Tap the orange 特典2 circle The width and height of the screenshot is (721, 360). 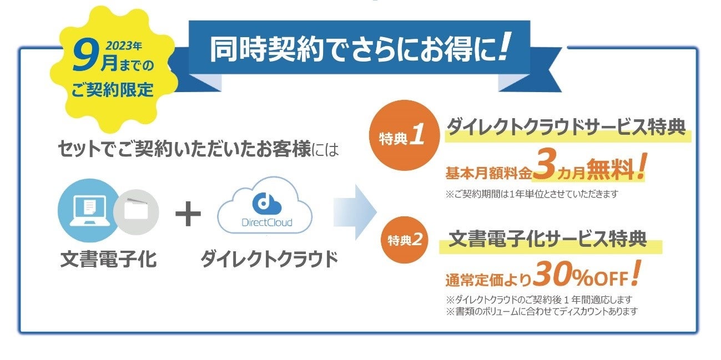tap(405, 240)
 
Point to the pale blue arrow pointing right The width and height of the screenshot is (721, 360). tap(355, 212)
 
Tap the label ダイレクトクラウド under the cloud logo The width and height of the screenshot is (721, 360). tap(269, 259)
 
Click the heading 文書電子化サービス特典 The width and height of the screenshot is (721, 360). tap(547, 240)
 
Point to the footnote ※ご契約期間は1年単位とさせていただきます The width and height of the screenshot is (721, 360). tap(531, 195)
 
